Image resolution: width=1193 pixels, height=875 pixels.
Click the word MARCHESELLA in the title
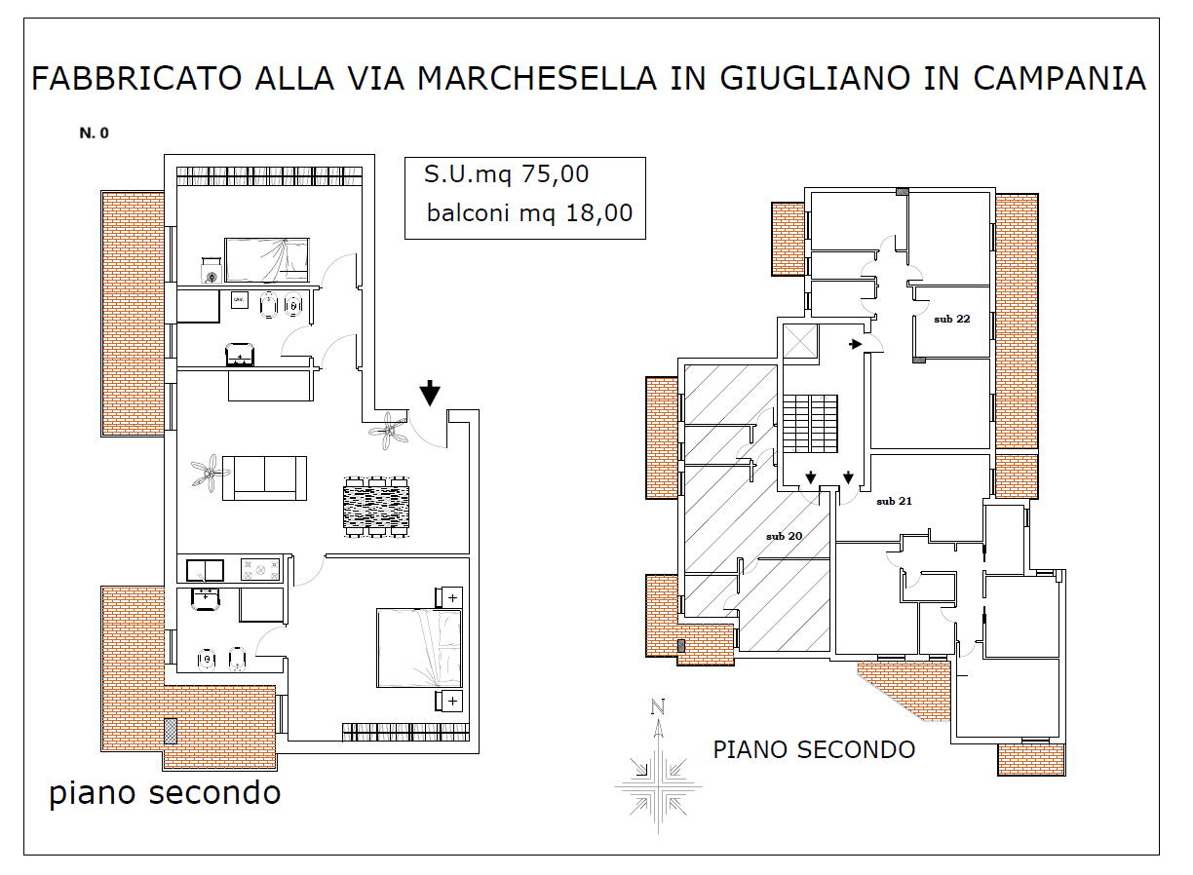click(x=536, y=78)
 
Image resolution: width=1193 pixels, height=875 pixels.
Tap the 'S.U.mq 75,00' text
click(x=506, y=174)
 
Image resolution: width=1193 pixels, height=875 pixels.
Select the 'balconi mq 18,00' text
click(x=529, y=213)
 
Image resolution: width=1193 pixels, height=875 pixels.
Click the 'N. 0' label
click(x=95, y=133)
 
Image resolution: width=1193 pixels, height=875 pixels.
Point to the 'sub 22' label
click(x=951, y=319)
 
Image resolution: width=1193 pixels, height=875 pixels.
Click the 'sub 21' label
click(x=894, y=501)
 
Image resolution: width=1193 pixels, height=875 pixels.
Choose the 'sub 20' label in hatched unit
click(x=784, y=536)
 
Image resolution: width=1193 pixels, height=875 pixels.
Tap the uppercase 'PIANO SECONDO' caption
click(x=814, y=750)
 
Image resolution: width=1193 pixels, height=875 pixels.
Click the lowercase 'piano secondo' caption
click(x=165, y=793)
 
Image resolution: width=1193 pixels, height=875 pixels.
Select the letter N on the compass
click(x=658, y=706)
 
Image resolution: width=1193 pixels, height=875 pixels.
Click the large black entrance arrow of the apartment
click(x=430, y=393)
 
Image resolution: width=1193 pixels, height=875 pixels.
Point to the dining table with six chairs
click(x=376, y=507)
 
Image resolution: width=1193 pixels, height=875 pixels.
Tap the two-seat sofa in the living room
click(x=264, y=478)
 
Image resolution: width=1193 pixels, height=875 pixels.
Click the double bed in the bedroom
click(x=419, y=648)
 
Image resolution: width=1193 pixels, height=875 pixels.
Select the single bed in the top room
click(x=267, y=260)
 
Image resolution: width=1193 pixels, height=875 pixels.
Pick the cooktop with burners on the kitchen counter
click(x=260, y=569)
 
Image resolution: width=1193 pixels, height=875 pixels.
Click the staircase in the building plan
click(x=810, y=424)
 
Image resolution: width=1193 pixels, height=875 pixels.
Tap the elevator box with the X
click(x=800, y=341)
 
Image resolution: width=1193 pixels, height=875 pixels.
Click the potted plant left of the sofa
click(x=211, y=473)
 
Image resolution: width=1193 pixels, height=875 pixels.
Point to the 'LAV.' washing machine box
click(x=239, y=300)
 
